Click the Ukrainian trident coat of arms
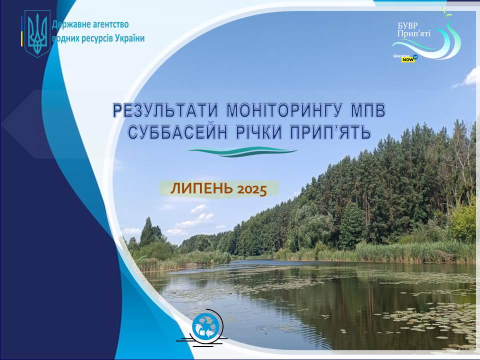[37, 33]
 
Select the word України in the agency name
[130, 38]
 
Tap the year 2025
[252, 189]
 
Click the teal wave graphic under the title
[241, 151]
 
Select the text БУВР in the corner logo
[407, 25]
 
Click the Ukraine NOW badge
[405, 57]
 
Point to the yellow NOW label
[408, 59]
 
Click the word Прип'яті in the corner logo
[414, 33]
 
